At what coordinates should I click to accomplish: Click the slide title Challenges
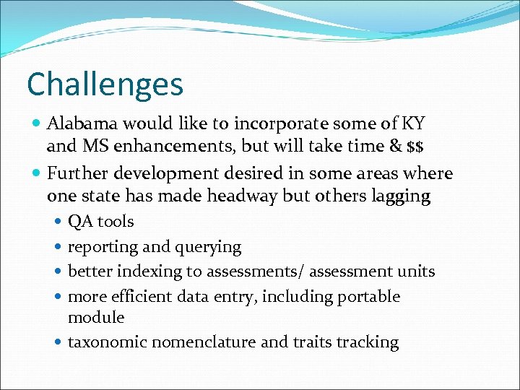coord(105,84)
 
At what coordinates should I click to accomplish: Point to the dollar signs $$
coord(415,147)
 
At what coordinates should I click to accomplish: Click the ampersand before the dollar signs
coord(394,147)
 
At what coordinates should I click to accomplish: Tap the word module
coord(96,318)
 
